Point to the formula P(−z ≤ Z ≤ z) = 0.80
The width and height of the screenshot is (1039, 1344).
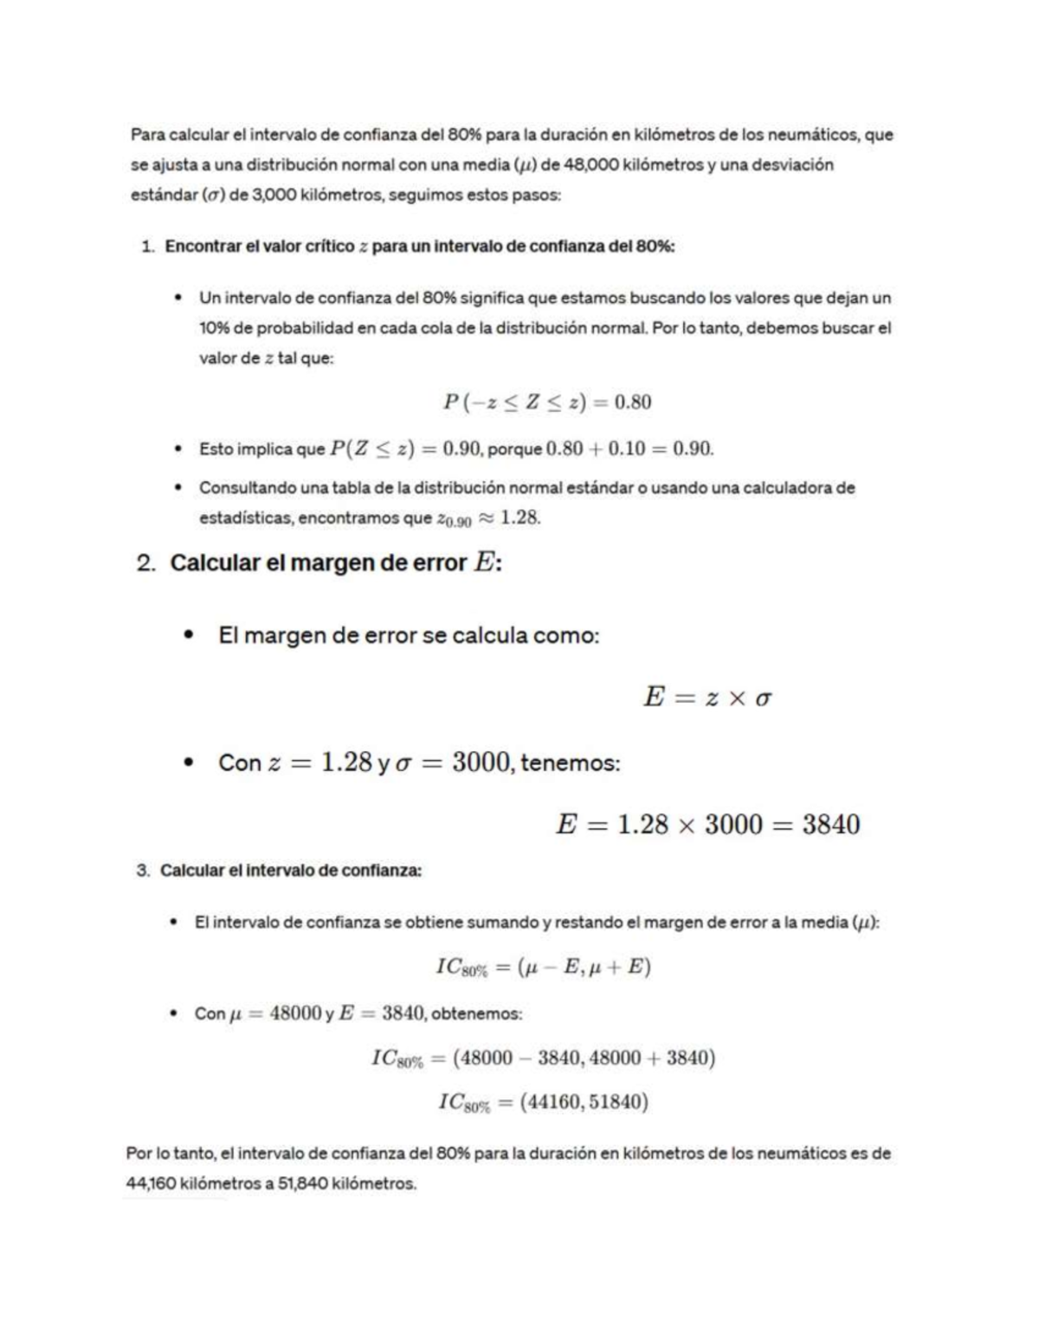(x=547, y=402)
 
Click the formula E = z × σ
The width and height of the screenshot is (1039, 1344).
(x=707, y=698)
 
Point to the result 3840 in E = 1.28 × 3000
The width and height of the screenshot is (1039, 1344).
(x=830, y=825)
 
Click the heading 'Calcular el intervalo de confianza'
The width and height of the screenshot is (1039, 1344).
(x=291, y=871)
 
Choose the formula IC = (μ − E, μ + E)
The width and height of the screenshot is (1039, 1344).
(x=543, y=968)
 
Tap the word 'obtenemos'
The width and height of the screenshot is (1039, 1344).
(x=476, y=1013)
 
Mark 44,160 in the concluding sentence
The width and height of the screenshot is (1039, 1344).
(x=151, y=1183)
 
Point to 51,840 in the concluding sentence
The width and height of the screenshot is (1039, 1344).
(x=303, y=1183)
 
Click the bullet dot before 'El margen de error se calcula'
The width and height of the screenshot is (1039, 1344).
(x=188, y=636)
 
